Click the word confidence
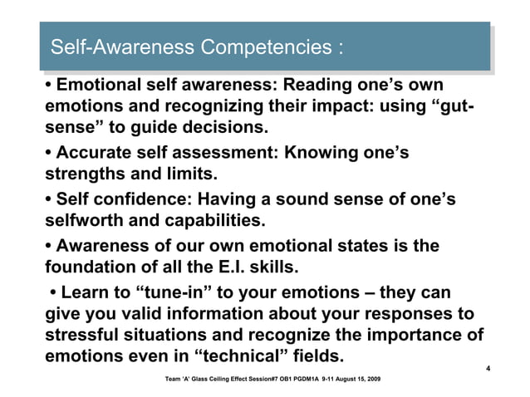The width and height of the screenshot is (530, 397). tap(141, 200)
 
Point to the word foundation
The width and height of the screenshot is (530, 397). tap(89, 268)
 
